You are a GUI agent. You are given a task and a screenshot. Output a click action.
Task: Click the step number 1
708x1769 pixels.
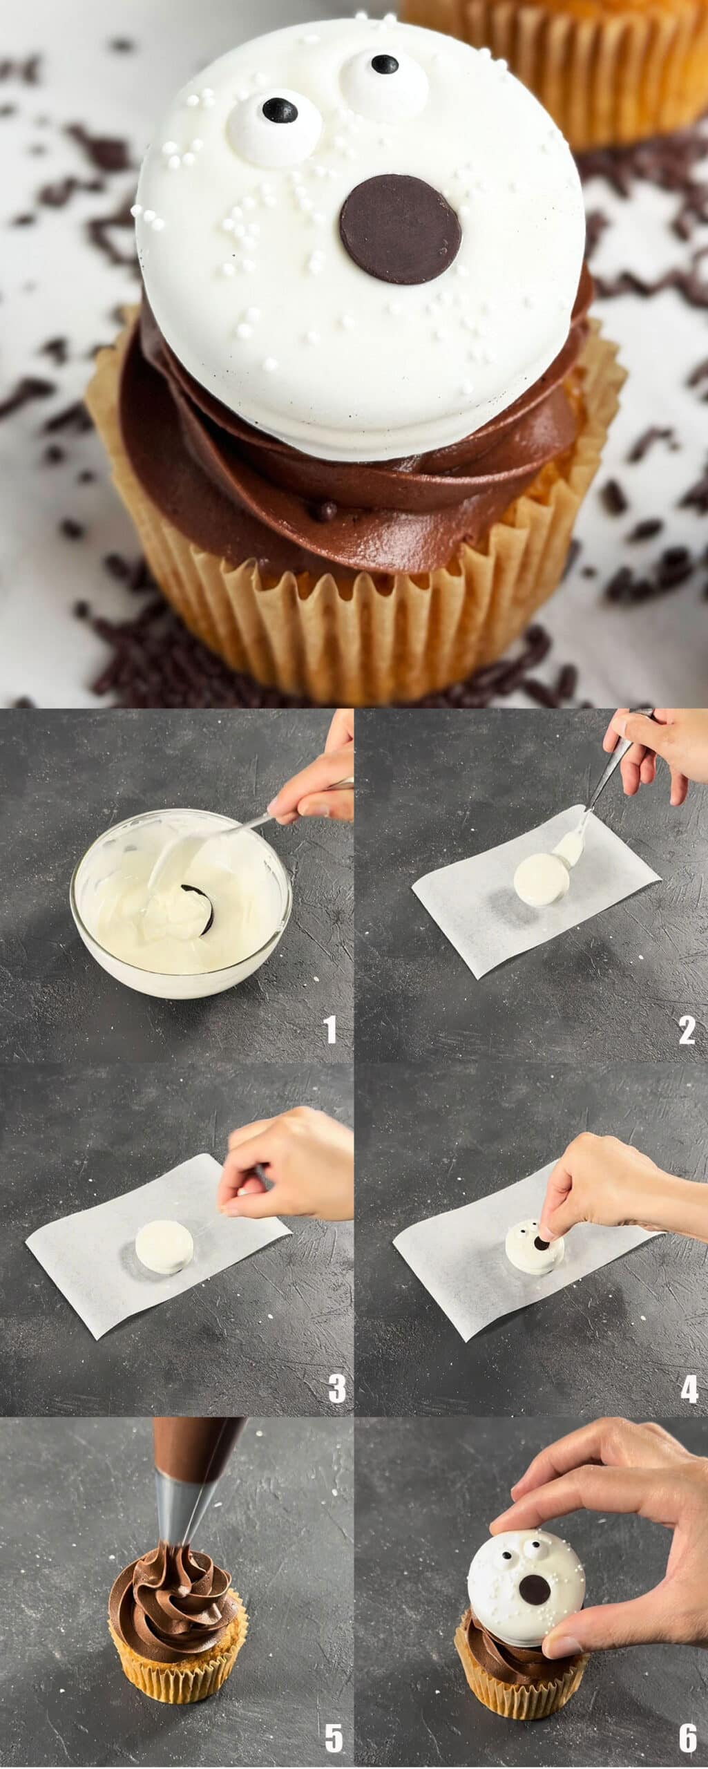pyautogui.click(x=332, y=1029)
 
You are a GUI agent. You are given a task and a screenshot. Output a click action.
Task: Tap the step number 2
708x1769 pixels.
pyautogui.click(x=687, y=1029)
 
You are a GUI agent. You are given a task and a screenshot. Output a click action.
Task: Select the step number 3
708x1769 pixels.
pyautogui.click(x=336, y=1387)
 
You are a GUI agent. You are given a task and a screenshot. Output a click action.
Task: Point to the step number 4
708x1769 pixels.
pyautogui.click(x=689, y=1387)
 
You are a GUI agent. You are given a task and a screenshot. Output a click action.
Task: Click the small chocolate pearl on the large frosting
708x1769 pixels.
pyautogui.click(x=327, y=511)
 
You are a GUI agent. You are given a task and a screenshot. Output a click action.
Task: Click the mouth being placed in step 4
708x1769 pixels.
pyautogui.click(x=542, y=1244)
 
